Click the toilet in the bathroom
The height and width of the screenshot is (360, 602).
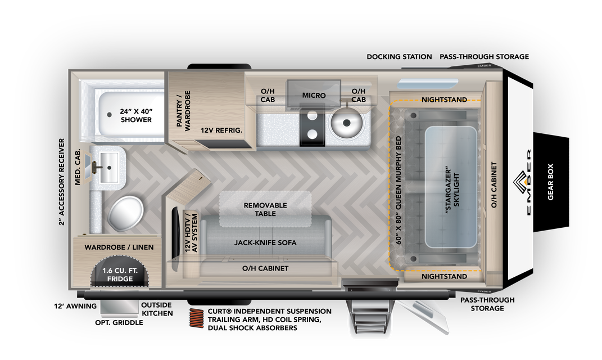click(x=125, y=213)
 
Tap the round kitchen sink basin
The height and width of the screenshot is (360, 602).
click(x=346, y=123)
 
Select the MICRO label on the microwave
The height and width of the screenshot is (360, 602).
click(x=314, y=95)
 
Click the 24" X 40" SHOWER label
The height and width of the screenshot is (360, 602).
click(x=136, y=116)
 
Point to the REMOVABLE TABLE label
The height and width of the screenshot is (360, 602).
click(x=265, y=209)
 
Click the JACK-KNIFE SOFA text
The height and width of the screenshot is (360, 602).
click(x=265, y=242)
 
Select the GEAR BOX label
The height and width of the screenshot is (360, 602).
click(x=550, y=182)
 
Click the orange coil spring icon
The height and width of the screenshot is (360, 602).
click(x=197, y=318)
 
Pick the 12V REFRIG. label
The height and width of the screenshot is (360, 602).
click(x=221, y=130)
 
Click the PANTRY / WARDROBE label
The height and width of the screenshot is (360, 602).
click(x=183, y=111)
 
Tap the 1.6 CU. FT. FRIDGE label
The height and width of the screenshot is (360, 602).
click(x=120, y=274)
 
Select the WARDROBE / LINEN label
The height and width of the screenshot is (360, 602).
click(x=119, y=247)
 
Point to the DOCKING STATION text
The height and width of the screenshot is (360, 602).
click(x=399, y=56)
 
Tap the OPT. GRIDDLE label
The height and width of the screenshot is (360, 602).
click(x=119, y=323)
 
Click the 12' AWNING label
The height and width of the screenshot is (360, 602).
click(x=75, y=306)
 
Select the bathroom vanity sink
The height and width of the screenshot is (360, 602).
click(x=109, y=168)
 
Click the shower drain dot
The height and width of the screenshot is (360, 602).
click(x=110, y=115)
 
